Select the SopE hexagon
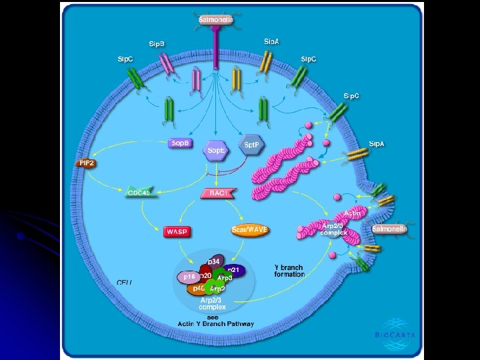point(216,151)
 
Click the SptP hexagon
point(251,144)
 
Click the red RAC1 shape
point(215,193)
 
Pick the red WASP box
point(177,231)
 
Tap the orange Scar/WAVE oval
point(249,230)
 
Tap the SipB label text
point(157,44)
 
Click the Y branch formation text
point(289,271)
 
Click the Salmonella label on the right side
point(389,229)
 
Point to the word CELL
point(125,283)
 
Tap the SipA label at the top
point(271,41)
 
